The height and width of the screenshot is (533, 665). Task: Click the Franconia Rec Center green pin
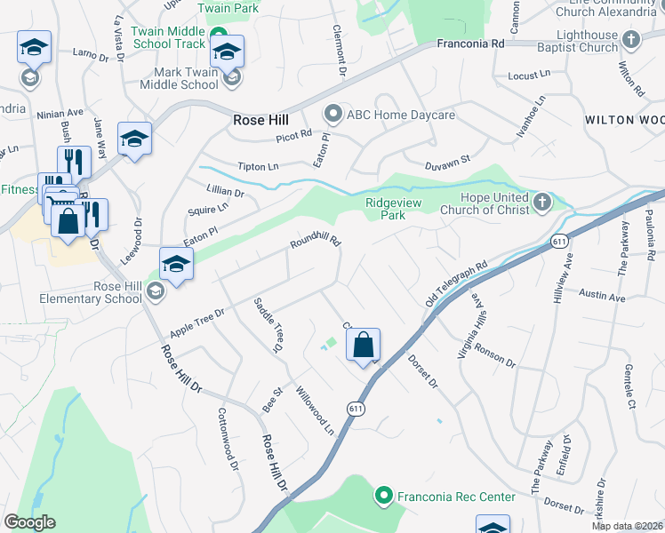[384, 496]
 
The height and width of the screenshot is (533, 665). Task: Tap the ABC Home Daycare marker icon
[333, 115]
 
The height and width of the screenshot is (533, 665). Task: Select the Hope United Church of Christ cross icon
[542, 203]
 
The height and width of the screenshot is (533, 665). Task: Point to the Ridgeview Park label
[397, 208]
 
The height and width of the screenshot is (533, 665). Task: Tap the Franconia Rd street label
[470, 43]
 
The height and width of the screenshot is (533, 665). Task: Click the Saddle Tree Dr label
[268, 326]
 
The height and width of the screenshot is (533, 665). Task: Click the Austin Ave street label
[603, 296]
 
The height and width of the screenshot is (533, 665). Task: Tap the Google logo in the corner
[29, 521]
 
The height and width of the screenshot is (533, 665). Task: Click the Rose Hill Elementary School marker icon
[156, 291]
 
